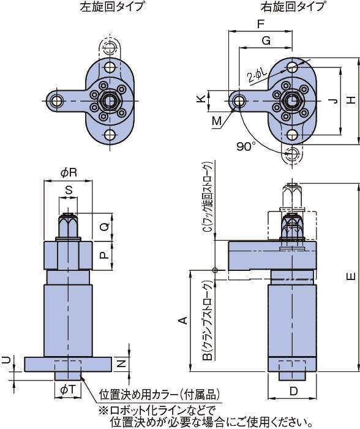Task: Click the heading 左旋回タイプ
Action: [112, 7]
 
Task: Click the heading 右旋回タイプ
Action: [293, 7]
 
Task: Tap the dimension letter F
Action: [261, 25]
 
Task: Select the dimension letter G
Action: [266, 41]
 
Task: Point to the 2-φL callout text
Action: [257, 74]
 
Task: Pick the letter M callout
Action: [217, 121]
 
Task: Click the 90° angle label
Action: [246, 146]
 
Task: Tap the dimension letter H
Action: [351, 100]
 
